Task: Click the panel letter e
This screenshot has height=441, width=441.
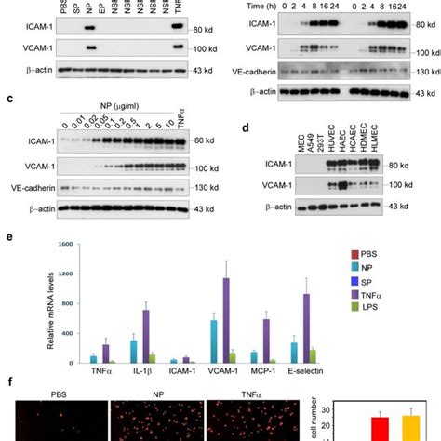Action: point(8,236)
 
